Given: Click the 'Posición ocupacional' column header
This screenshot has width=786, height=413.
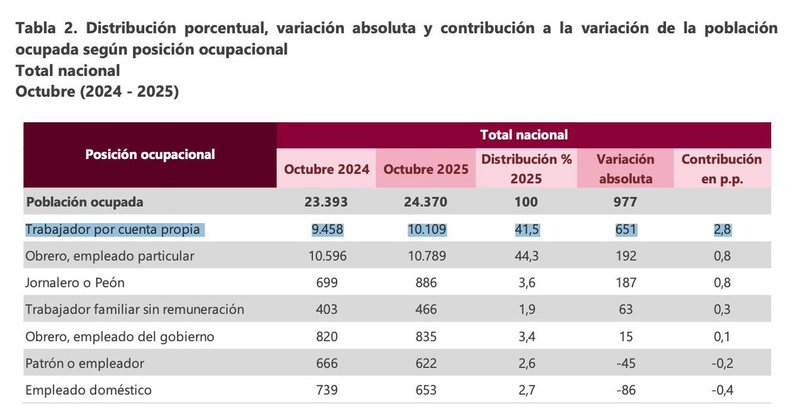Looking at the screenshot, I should [150, 155].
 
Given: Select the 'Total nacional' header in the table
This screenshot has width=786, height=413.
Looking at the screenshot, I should [524, 135].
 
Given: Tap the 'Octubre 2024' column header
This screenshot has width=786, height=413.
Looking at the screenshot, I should [326, 169].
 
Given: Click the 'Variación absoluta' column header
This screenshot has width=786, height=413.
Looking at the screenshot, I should [625, 168].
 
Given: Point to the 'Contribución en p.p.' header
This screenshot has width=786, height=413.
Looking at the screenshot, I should [721, 168].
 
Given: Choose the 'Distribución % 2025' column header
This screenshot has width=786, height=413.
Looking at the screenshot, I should [527, 168].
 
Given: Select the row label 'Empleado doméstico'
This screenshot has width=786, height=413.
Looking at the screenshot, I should [88, 390].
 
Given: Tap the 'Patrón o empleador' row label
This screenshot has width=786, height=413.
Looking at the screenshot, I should [84, 363].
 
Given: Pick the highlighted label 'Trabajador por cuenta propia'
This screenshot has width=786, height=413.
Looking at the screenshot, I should [114, 230].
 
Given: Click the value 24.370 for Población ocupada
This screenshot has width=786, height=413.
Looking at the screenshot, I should [426, 202].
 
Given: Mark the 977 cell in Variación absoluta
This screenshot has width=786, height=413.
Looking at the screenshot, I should [625, 202].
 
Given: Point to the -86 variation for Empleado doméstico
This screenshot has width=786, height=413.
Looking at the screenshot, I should [625, 390].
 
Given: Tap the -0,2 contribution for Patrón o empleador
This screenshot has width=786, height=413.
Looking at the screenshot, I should [721, 363].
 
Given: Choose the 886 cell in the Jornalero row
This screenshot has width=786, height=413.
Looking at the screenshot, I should [426, 283].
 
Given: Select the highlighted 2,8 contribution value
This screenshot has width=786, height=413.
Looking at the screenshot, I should [721, 230].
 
